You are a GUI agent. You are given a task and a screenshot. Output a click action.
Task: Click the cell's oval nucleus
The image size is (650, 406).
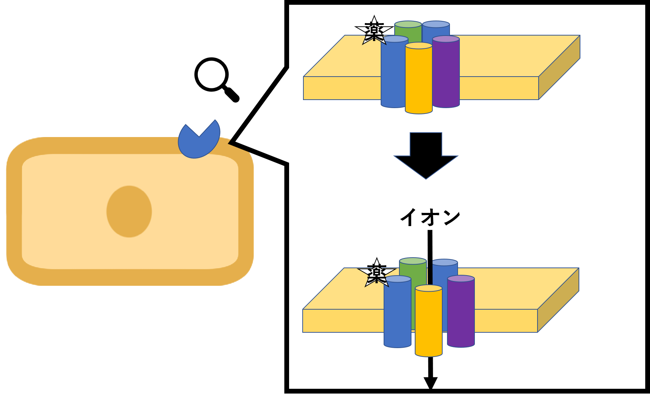[129, 211]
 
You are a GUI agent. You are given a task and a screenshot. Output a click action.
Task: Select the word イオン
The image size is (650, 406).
[430, 217]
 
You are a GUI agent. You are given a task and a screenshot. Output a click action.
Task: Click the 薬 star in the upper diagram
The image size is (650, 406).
[374, 32]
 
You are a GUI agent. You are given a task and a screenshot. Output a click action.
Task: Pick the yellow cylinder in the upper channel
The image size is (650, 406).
[419, 81]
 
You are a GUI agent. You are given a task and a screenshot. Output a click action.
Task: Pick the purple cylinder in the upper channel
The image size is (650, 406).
[446, 73]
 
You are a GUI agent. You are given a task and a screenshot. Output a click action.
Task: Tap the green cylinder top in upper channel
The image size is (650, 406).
[408, 25]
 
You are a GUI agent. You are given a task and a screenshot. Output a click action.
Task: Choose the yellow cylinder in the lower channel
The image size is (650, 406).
[428, 322]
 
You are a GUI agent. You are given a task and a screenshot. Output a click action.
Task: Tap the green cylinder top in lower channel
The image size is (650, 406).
[413, 261]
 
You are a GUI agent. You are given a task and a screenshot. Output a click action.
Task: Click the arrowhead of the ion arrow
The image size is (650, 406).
[431, 383]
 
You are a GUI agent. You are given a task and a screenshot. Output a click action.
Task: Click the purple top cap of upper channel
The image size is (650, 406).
[446, 39]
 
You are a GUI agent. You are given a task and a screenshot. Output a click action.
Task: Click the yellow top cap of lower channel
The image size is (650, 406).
[429, 288]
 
